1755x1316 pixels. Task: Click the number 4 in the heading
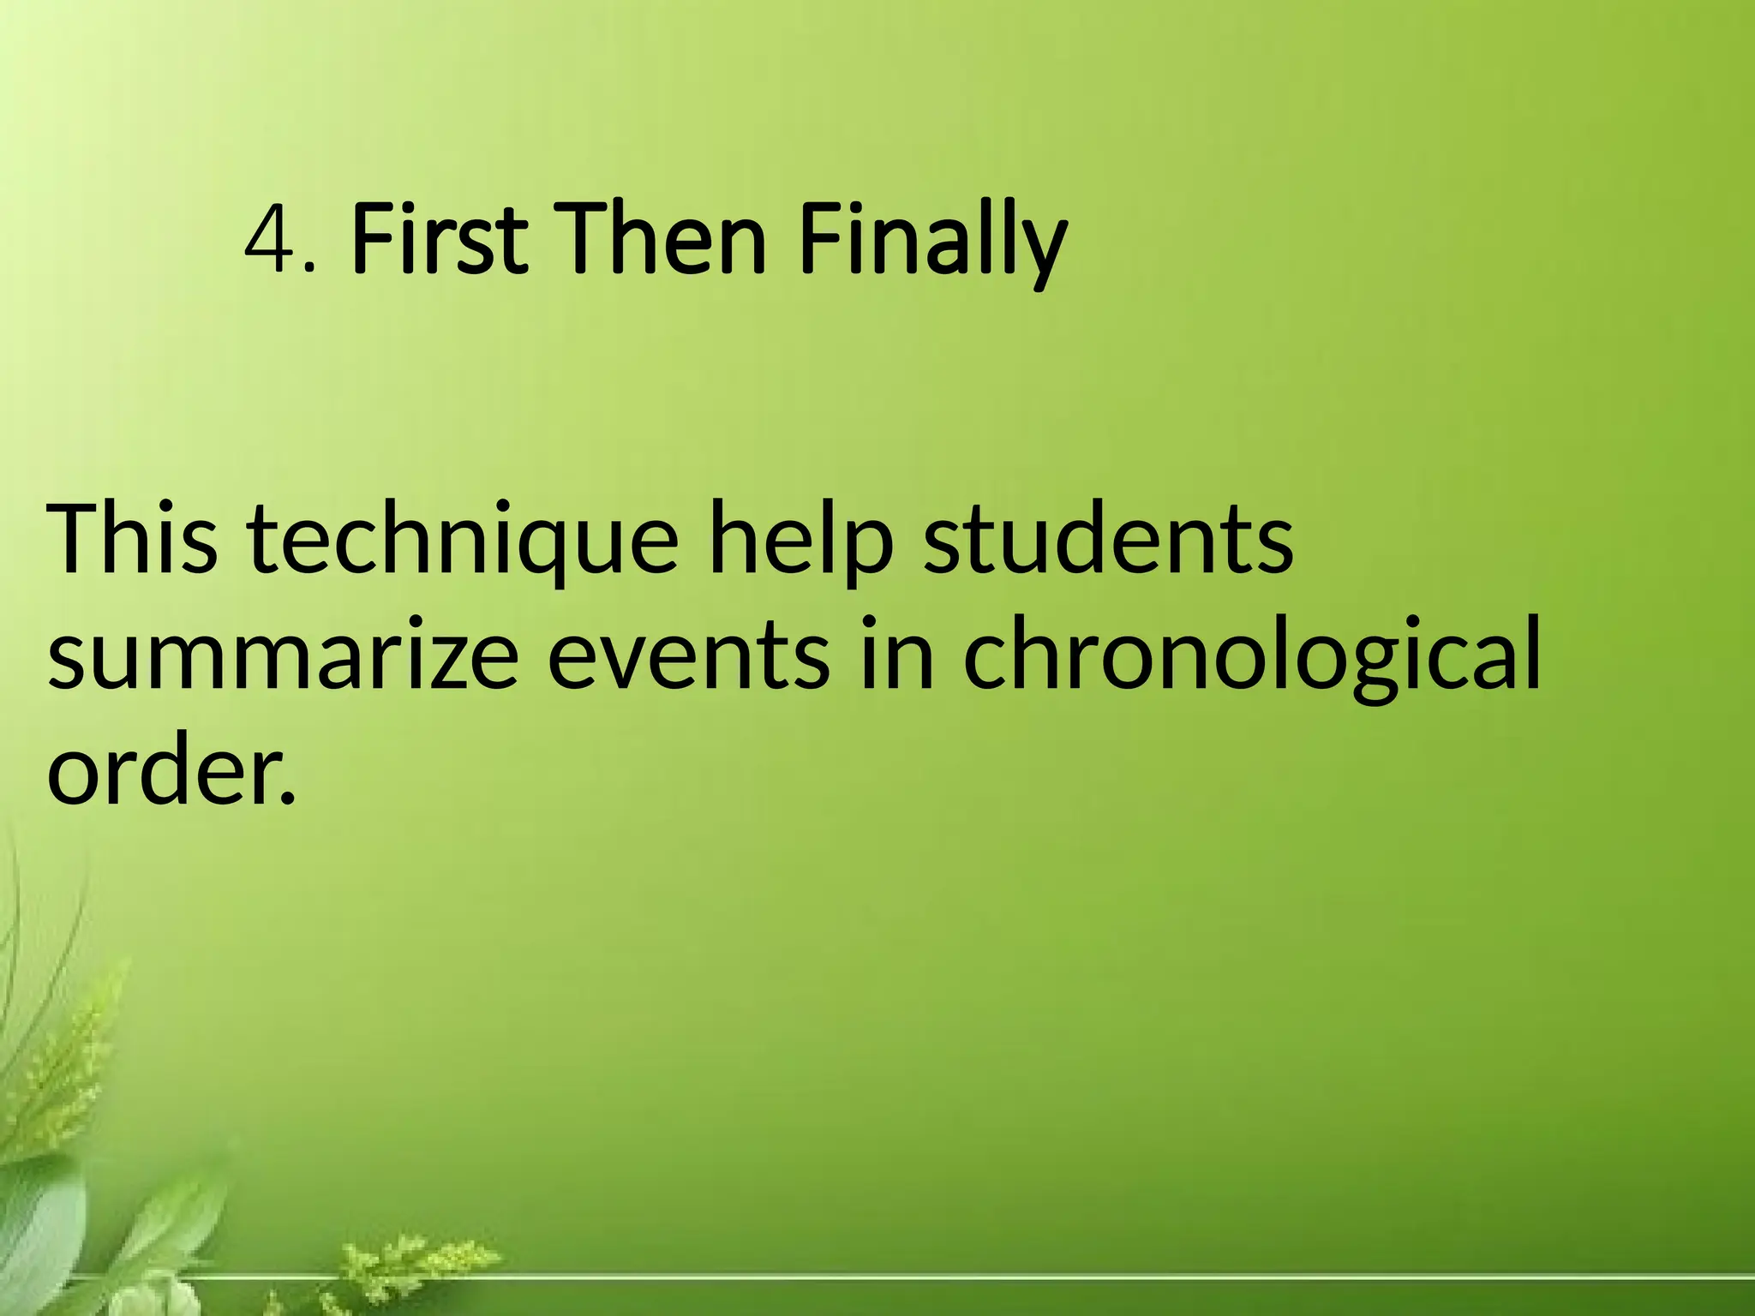coord(271,237)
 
